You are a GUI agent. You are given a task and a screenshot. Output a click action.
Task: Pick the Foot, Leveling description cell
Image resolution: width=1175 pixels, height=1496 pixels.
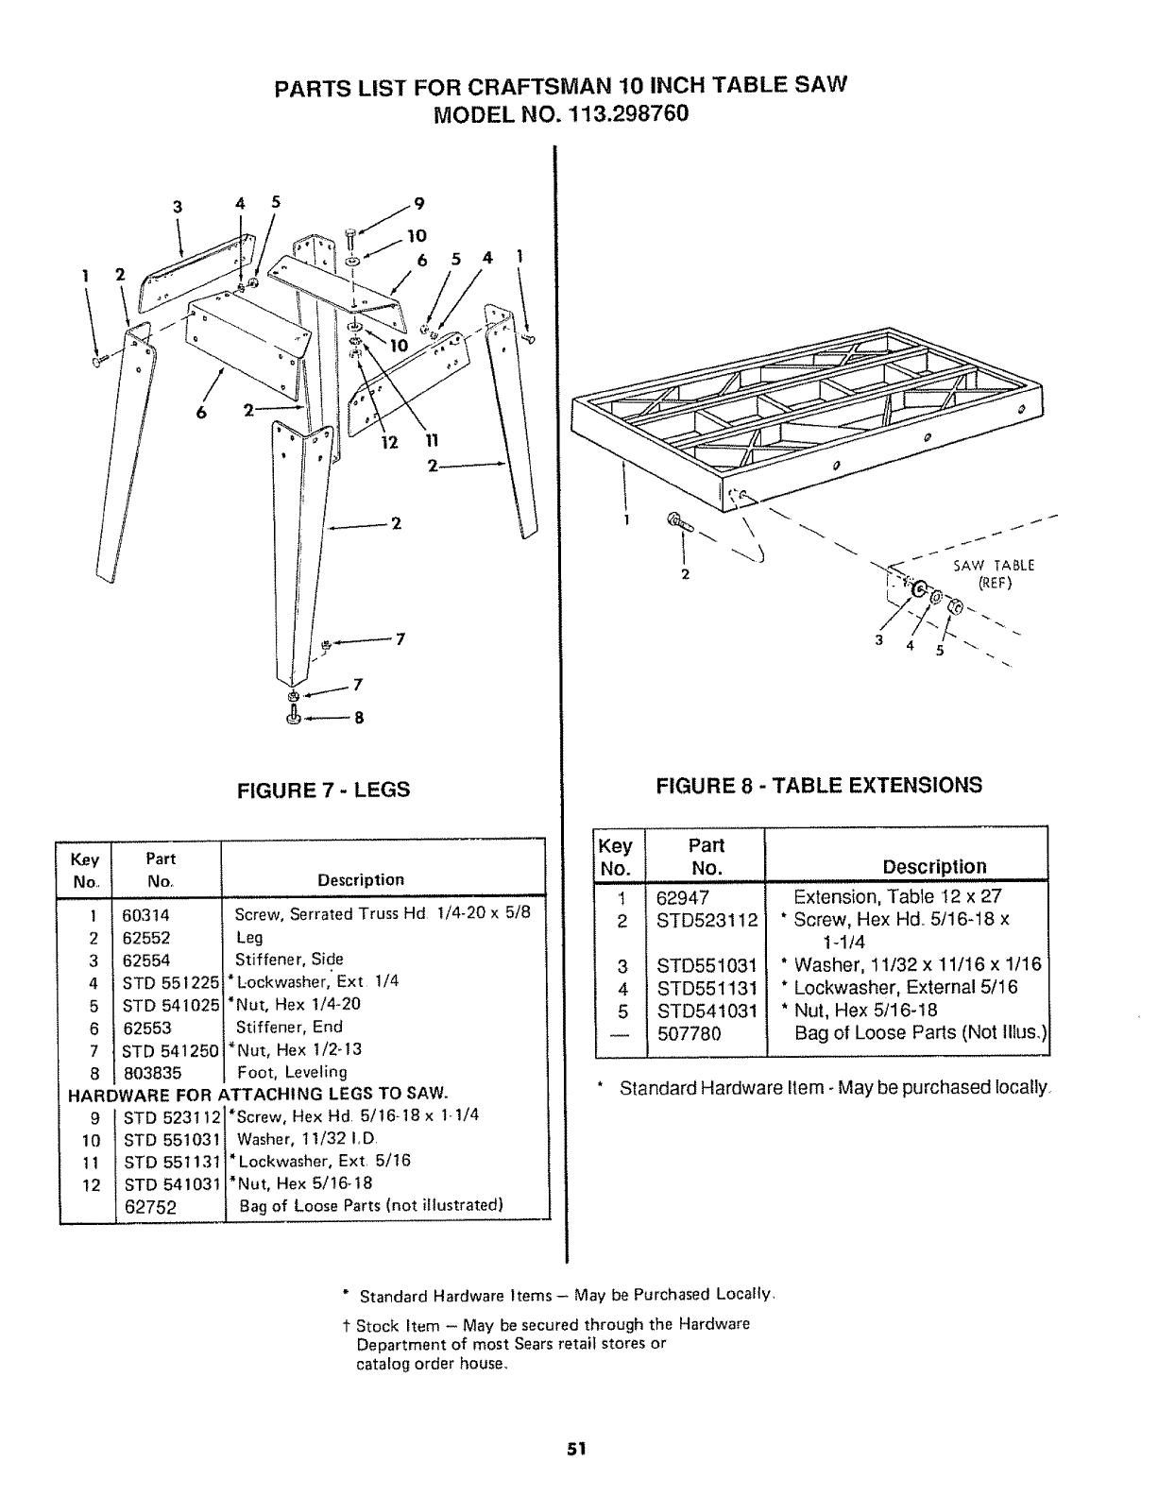pos(292,1072)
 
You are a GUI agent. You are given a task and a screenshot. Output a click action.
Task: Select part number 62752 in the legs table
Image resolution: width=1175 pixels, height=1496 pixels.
pos(151,1207)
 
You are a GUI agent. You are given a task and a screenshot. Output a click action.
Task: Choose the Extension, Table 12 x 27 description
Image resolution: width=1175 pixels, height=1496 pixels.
pos(897,897)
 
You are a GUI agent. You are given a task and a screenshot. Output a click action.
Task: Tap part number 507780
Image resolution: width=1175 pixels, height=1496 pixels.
pos(690,1033)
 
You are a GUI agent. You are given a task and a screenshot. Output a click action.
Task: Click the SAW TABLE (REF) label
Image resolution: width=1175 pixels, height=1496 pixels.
pos(994,573)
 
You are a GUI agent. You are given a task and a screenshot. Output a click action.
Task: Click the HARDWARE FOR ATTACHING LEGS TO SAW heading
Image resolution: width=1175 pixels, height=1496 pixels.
pos(255,1094)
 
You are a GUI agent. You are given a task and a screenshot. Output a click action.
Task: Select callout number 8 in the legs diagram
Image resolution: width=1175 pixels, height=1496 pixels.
pos(359,717)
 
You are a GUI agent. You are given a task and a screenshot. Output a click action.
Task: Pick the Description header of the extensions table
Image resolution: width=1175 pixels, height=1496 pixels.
pos(934,867)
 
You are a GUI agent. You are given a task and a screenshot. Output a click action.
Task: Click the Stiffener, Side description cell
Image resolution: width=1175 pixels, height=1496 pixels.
pos(289,960)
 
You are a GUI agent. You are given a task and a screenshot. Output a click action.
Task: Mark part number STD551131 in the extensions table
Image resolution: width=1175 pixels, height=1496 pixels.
pos(707,988)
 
